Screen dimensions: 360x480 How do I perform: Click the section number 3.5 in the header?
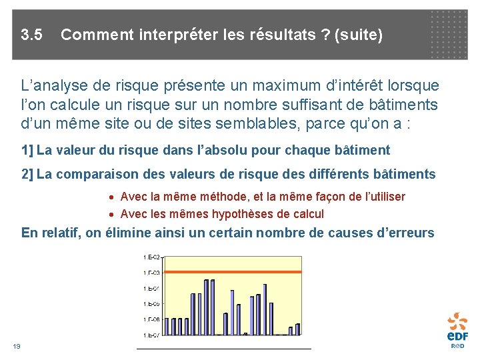click(31, 34)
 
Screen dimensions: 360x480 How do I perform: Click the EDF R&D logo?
click(457, 329)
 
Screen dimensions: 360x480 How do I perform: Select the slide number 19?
click(17, 346)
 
